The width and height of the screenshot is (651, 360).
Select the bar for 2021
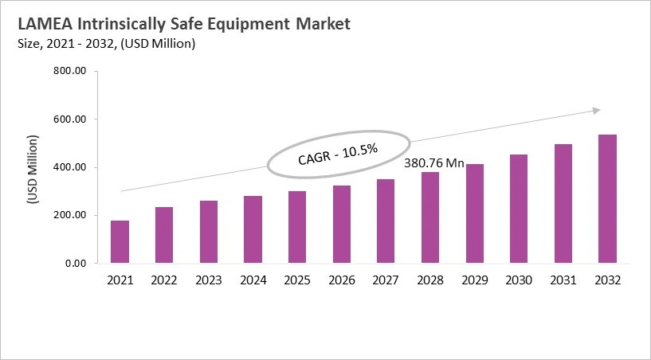(120, 242)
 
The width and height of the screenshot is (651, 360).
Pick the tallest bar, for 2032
(607, 199)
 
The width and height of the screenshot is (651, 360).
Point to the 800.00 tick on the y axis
(69, 72)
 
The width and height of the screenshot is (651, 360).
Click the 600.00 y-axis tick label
(69, 119)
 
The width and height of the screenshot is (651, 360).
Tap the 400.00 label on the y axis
(69, 167)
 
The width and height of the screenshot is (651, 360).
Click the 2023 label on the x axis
(209, 280)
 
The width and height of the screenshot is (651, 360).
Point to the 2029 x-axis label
(475, 280)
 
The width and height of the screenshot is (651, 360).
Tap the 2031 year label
(563, 280)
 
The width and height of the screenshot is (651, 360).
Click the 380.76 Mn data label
(434, 162)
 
